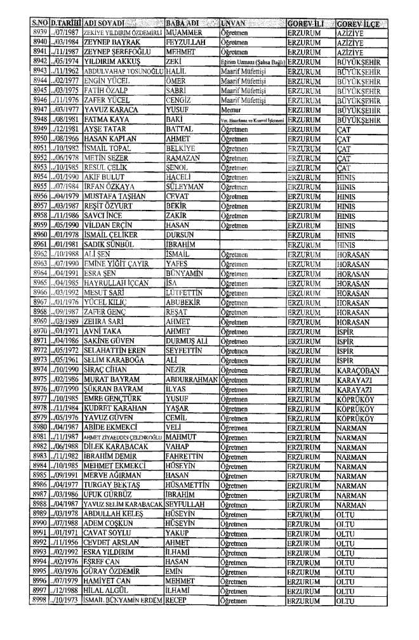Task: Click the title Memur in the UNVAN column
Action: (230, 108)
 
